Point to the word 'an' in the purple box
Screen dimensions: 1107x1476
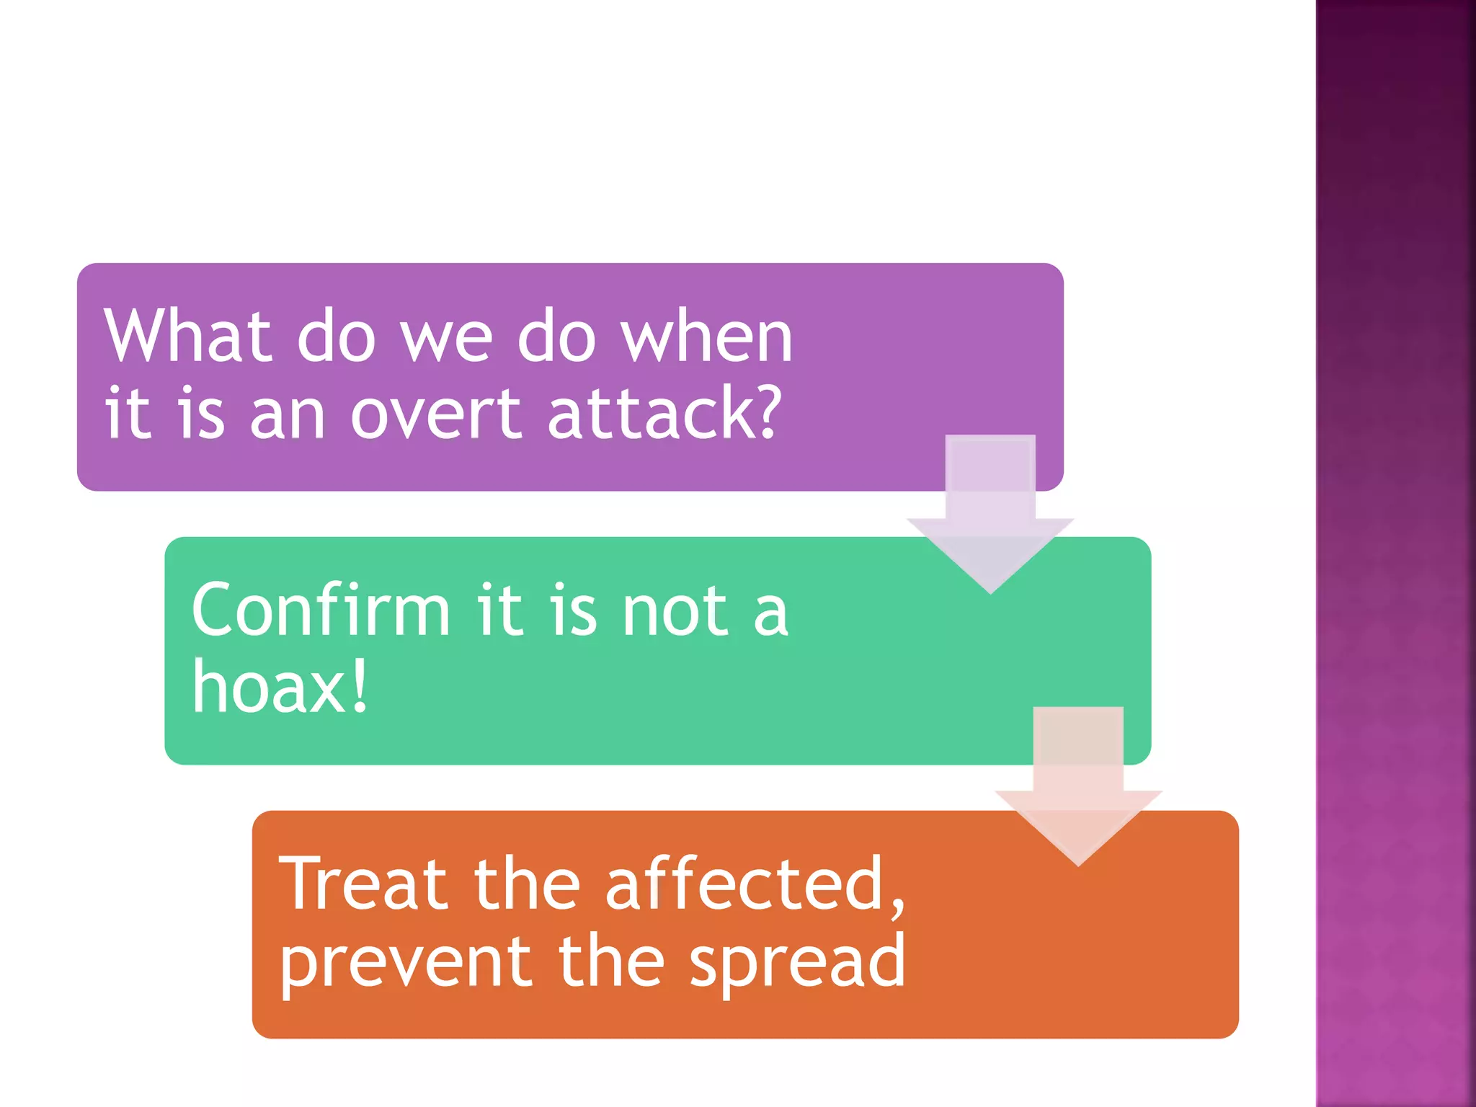click(288, 417)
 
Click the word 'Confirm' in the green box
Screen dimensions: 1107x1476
click(321, 610)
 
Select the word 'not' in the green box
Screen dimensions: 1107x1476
click(675, 612)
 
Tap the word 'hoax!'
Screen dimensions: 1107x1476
click(280, 688)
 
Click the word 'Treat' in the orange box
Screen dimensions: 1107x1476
click(363, 884)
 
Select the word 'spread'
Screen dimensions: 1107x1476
click(797, 964)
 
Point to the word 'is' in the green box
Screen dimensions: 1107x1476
click(574, 612)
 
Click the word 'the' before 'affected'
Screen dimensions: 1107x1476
click(527, 884)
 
